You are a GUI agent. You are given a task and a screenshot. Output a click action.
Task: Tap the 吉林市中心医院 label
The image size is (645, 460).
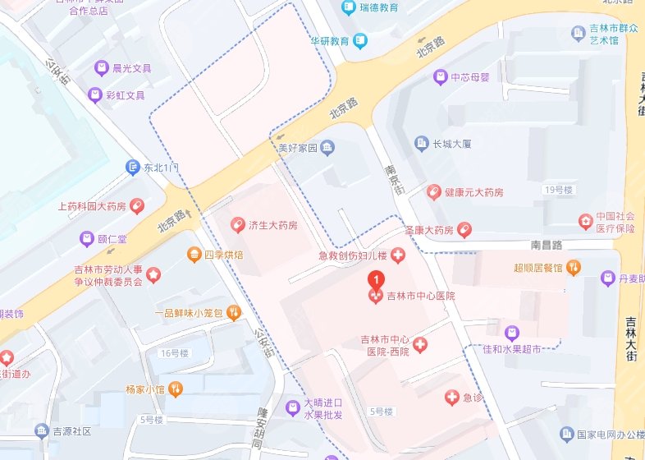point(421,296)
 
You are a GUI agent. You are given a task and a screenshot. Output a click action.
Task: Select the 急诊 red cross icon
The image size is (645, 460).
point(451,398)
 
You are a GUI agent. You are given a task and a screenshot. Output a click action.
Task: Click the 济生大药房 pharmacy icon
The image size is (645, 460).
point(237,224)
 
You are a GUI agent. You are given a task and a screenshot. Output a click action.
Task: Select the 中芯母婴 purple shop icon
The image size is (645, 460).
point(441,77)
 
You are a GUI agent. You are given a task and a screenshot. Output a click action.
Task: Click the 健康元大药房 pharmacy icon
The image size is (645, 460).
point(433,191)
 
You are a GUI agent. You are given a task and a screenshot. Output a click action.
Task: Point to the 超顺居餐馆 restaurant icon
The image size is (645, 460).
point(574,267)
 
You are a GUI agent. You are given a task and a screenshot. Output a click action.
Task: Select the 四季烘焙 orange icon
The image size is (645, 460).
point(194,255)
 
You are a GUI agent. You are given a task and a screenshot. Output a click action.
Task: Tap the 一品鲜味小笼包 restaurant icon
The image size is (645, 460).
point(233,312)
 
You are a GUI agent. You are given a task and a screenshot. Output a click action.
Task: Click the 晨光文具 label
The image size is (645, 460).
point(132,69)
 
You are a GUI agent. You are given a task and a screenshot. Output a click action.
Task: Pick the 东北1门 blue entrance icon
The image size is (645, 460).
point(132,168)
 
